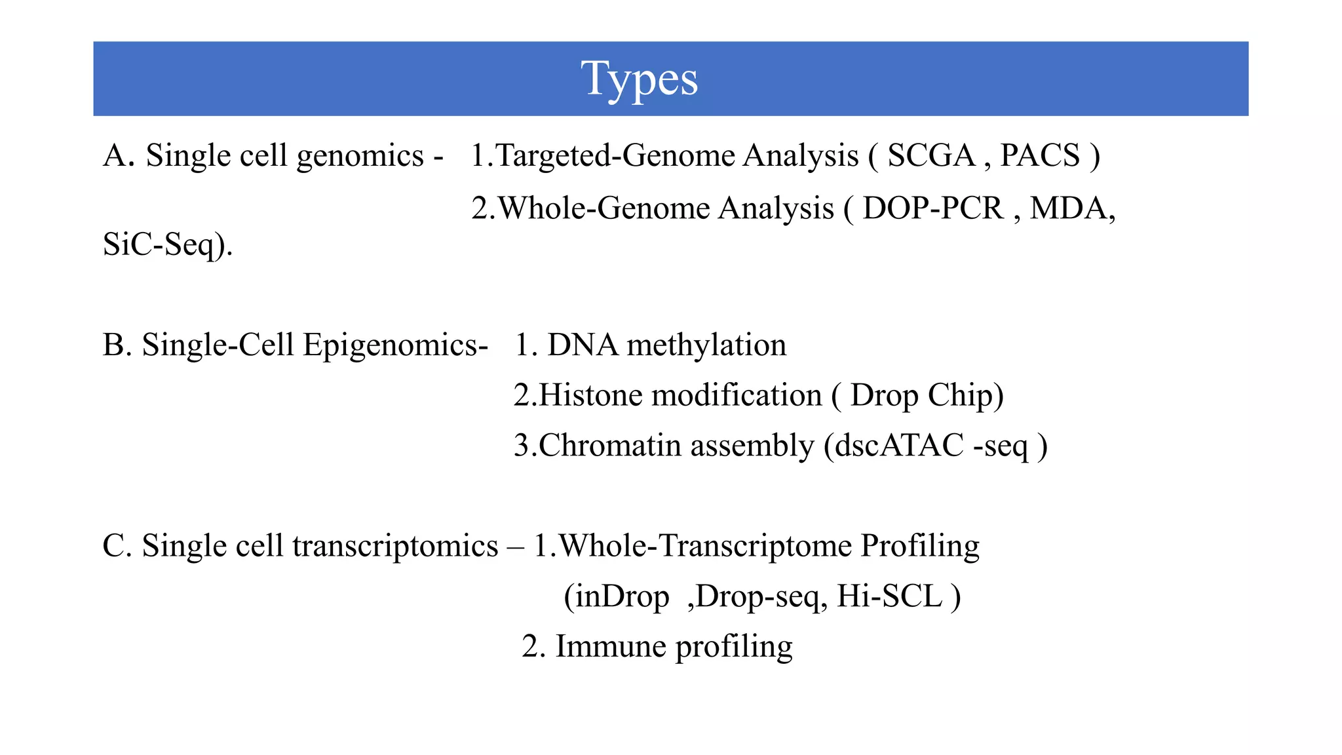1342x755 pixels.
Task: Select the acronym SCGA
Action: [931, 156]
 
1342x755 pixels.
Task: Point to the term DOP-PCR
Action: [932, 208]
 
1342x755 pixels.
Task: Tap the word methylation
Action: [706, 345]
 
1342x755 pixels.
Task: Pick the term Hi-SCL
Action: [889, 596]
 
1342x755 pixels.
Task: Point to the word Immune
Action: [611, 647]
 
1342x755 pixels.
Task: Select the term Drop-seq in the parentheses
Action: [757, 597]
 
